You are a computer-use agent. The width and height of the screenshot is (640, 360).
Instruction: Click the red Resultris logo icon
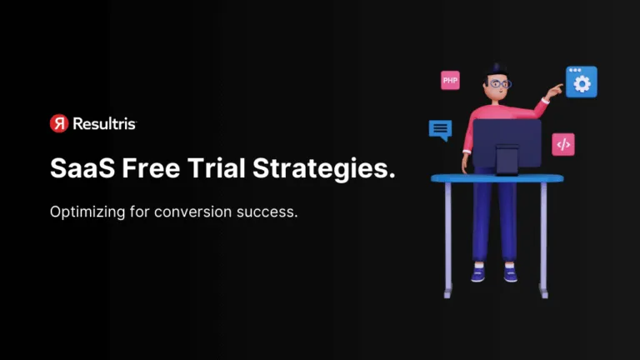pos(58,123)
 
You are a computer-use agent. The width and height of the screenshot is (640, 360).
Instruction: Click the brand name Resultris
pos(104,123)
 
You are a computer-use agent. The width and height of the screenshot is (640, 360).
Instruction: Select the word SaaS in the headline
pos(82,168)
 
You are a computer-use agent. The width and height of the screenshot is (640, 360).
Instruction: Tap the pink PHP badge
pos(450,80)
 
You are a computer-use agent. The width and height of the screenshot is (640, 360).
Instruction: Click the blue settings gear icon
pos(581,82)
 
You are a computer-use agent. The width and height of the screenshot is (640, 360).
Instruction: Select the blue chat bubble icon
pos(440,130)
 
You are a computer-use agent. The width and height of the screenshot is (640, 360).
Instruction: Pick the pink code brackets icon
pos(563,144)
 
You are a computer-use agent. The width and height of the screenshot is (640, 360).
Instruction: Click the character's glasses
pos(498,83)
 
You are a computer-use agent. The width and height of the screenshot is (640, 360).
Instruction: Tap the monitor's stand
pos(507,160)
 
